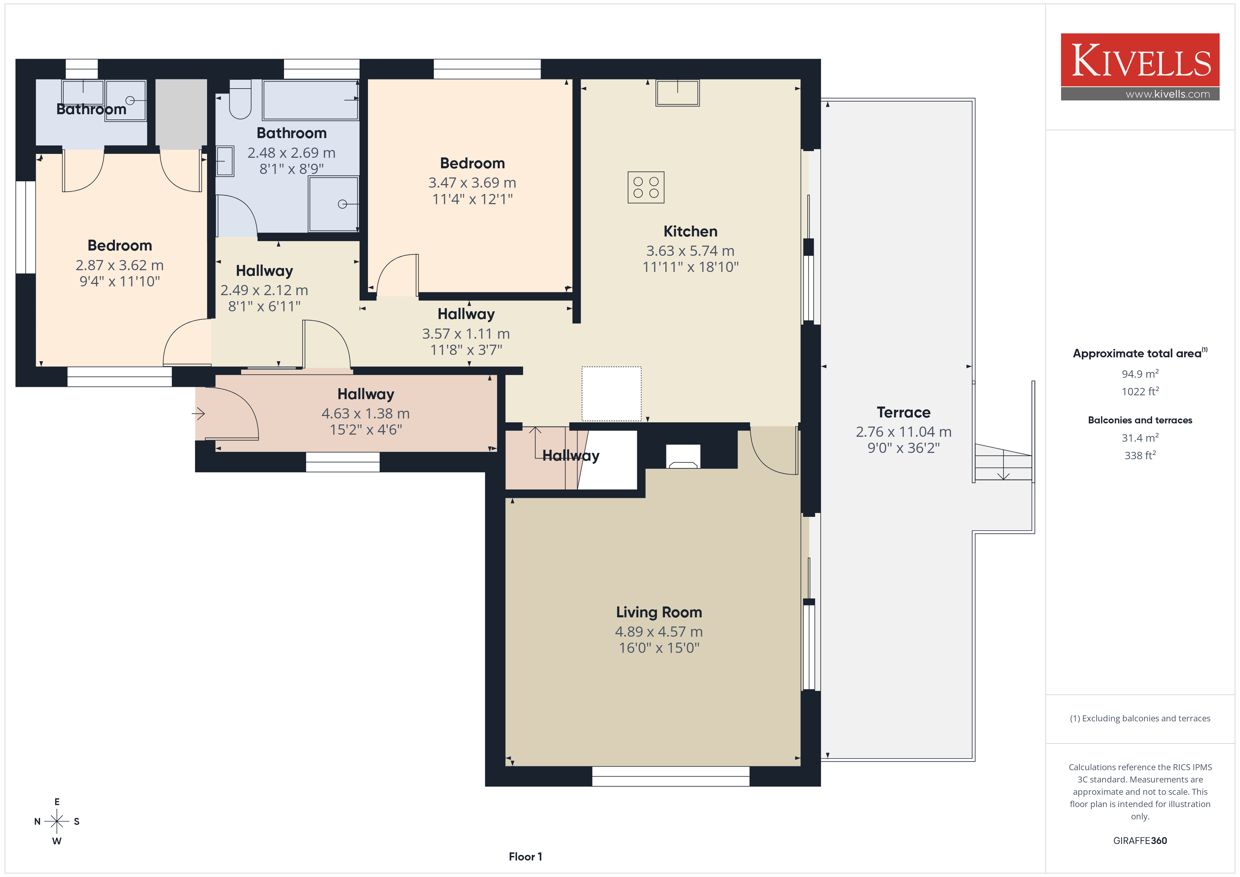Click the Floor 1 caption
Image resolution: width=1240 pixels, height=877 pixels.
[x=525, y=857]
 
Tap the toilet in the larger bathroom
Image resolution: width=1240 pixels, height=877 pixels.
[x=240, y=99]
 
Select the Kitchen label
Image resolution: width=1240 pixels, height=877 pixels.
[x=690, y=231]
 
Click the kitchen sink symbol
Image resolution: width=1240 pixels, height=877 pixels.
[x=677, y=93]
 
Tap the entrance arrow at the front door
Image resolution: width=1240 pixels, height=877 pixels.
[x=198, y=414]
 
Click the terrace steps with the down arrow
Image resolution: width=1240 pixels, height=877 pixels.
[x=1003, y=463]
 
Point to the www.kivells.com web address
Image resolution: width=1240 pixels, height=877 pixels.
[x=1168, y=94]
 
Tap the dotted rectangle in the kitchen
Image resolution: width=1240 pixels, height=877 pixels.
[x=611, y=394]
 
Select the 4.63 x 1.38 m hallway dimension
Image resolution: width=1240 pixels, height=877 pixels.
[x=366, y=413]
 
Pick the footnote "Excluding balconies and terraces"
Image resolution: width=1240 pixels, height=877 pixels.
[x=1146, y=718]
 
